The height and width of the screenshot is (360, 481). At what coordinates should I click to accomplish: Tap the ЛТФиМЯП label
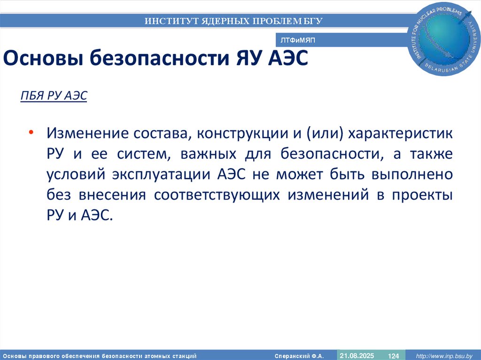(x=297, y=41)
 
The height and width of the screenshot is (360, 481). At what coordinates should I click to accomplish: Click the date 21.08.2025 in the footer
(x=357, y=355)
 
